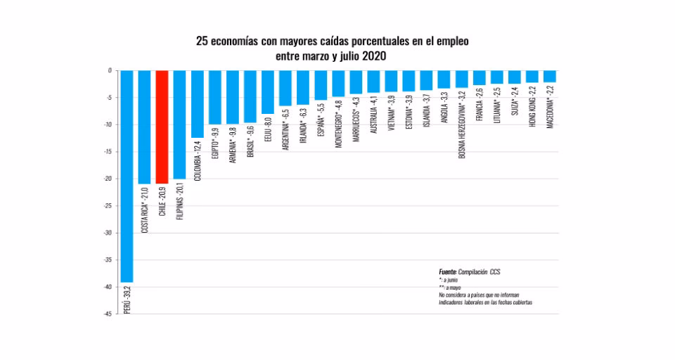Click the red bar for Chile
pyautogui.click(x=162, y=127)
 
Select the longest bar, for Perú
pyautogui.click(x=127, y=176)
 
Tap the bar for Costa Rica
pyautogui.click(x=144, y=127)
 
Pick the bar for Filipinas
pyautogui.click(x=179, y=124)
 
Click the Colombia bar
pyautogui.click(x=198, y=103)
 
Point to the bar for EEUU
pyautogui.click(x=268, y=91)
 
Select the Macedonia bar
pyautogui.click(x=550, y=76)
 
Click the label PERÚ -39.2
pyautogui.click(x=127, y=299)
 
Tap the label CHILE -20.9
pyautogui.click(x=162, y=202)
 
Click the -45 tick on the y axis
pyautogui.click(x=108, y=314)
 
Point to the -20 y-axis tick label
pyautogui.click(x=108, y=179)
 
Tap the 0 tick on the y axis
pyautogui.click(x=110, y=70)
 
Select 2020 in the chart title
pyautogui.click(x=374, y=56)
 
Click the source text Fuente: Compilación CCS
pyautogui.click(x=470, y=271)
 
